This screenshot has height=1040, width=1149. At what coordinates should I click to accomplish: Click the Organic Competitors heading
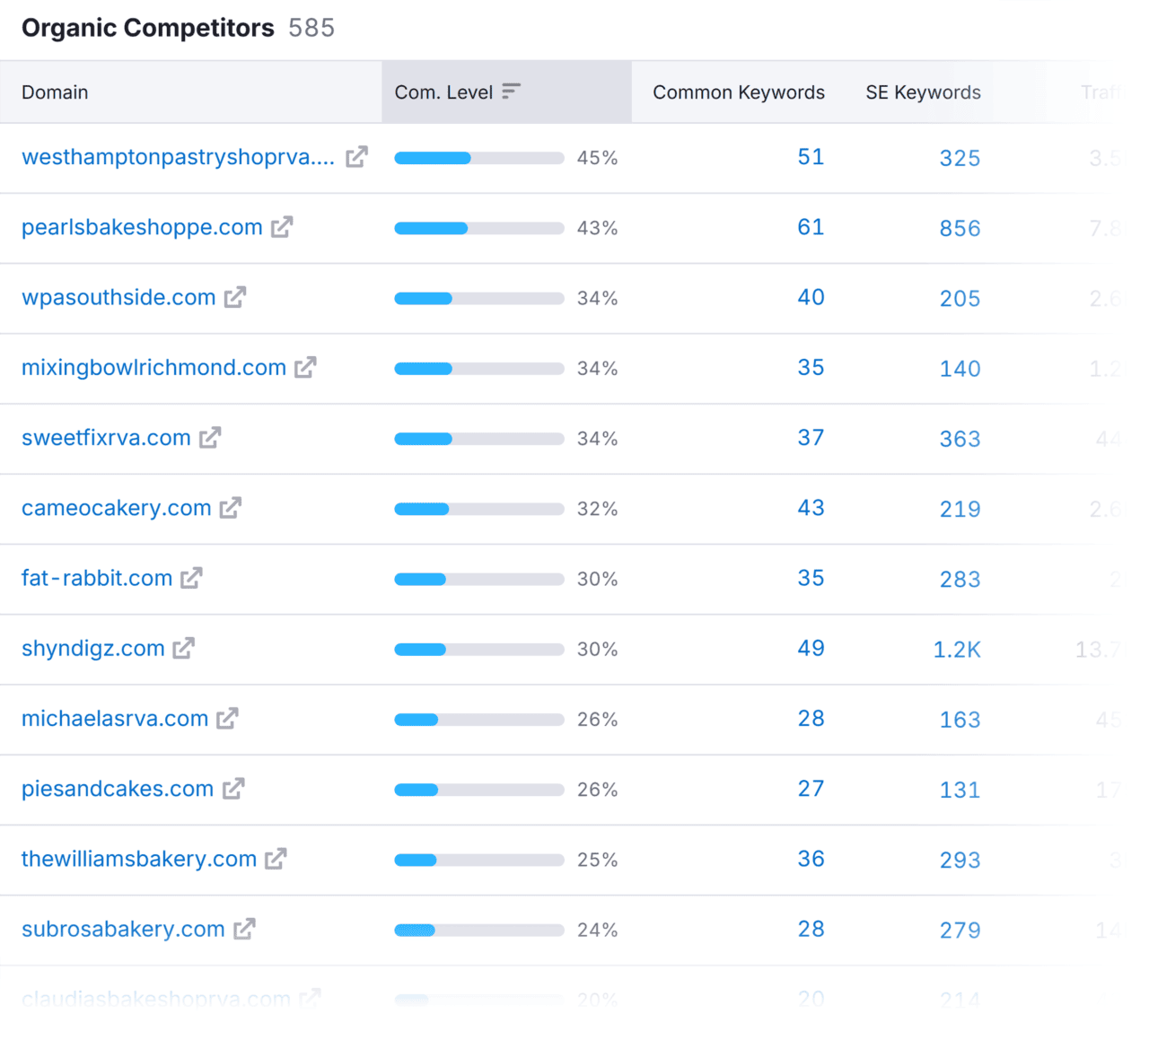pyautogui.click(x=147, y=28)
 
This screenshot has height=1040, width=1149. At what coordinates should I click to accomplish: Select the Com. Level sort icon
pyautogui.click(x=511, y=92)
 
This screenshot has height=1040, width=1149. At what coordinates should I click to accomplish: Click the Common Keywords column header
pyautogui.click(x=738, y=92)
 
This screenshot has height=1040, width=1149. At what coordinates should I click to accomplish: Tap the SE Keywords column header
pyautogui.click(x=923, y=92)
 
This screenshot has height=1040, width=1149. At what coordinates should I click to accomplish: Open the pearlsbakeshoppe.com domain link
pyautogui.click(x=142, y=228)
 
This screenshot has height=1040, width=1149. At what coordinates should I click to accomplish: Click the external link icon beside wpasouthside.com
pyautogui.click(x=235, y=297)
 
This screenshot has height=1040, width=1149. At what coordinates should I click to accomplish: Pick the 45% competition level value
pyautogui.click(x=597, y=158)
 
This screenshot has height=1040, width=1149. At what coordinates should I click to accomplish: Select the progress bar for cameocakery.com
pyautogui.click(x=478, y=509)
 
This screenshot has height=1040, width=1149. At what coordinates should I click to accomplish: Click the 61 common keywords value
pyautogui.click(x=811, y=227)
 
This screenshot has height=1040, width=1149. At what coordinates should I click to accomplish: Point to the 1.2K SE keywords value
pyautogui.click(x=956, y=650)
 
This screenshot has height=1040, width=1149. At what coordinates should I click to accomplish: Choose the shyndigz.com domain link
pyautogui.click(x=93, y=649)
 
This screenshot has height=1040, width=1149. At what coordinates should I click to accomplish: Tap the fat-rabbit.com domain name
pyautogui.click(x=97, y=579)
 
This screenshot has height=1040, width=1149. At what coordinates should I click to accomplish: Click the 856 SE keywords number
pyautogui.click(x=960, y=229)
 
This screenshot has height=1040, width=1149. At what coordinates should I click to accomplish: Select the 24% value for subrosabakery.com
pyautogui.click(x=597, y=931)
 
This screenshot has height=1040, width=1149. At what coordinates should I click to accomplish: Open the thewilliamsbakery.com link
pyautogui.click(x=139, y=860)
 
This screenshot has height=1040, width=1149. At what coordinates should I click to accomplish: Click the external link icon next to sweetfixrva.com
pyautogui.click(x=210, y=438)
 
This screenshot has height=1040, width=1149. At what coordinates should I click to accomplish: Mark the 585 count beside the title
pyautogui.click(x=311, y=28)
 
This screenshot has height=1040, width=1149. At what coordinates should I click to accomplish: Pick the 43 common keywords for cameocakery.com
pyautogui.click(x=811, y=508)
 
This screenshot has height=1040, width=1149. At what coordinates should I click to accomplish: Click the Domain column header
pyautogui.click(x=55, y=92)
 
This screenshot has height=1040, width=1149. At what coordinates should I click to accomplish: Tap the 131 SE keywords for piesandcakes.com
pyautogui.click(x=960, y=791)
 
